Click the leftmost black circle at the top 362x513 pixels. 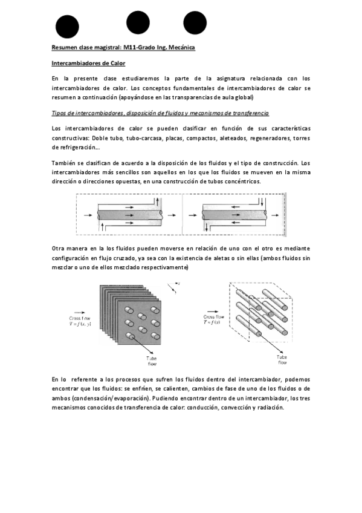click(x=67, y=27)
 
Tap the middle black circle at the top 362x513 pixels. click(x=138, y=22)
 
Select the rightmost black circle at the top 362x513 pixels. click(x=195, y=22)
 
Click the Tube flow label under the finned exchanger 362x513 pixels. click(x=152, y=361)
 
